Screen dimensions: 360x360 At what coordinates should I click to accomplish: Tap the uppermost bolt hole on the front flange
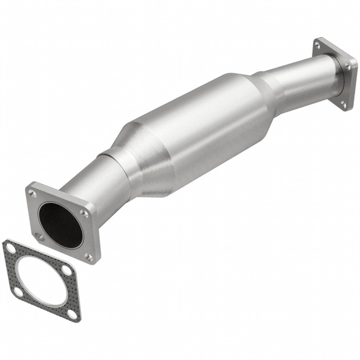33,193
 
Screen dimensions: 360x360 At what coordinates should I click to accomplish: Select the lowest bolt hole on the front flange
89,257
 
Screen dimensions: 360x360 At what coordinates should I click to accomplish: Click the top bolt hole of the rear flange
317,45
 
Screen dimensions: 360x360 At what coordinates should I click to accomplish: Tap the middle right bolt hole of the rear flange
347,66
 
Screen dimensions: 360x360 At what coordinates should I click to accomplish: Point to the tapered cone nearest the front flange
141,158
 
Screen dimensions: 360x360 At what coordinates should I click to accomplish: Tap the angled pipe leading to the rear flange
299,81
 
